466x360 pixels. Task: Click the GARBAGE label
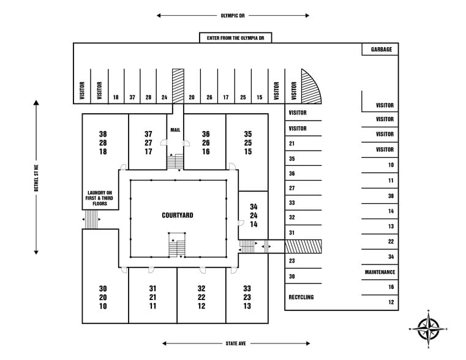point(381,50)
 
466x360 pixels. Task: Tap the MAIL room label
point(175,129)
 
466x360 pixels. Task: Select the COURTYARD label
point(178,215)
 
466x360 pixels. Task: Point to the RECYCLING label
point(301,297)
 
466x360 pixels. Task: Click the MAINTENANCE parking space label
point(380,272)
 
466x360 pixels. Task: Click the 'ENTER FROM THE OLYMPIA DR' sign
point(236,38)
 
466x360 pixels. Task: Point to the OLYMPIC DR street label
point(233,15)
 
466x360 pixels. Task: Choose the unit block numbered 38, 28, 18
point(102,143)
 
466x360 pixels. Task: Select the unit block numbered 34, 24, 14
point(253,216)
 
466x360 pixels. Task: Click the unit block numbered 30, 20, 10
point(102,297)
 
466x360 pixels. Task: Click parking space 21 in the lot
point(292,144)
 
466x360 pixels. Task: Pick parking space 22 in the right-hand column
point(391,242)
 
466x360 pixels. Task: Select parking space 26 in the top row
point(209,97)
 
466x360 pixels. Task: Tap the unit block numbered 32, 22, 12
point(201,297)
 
